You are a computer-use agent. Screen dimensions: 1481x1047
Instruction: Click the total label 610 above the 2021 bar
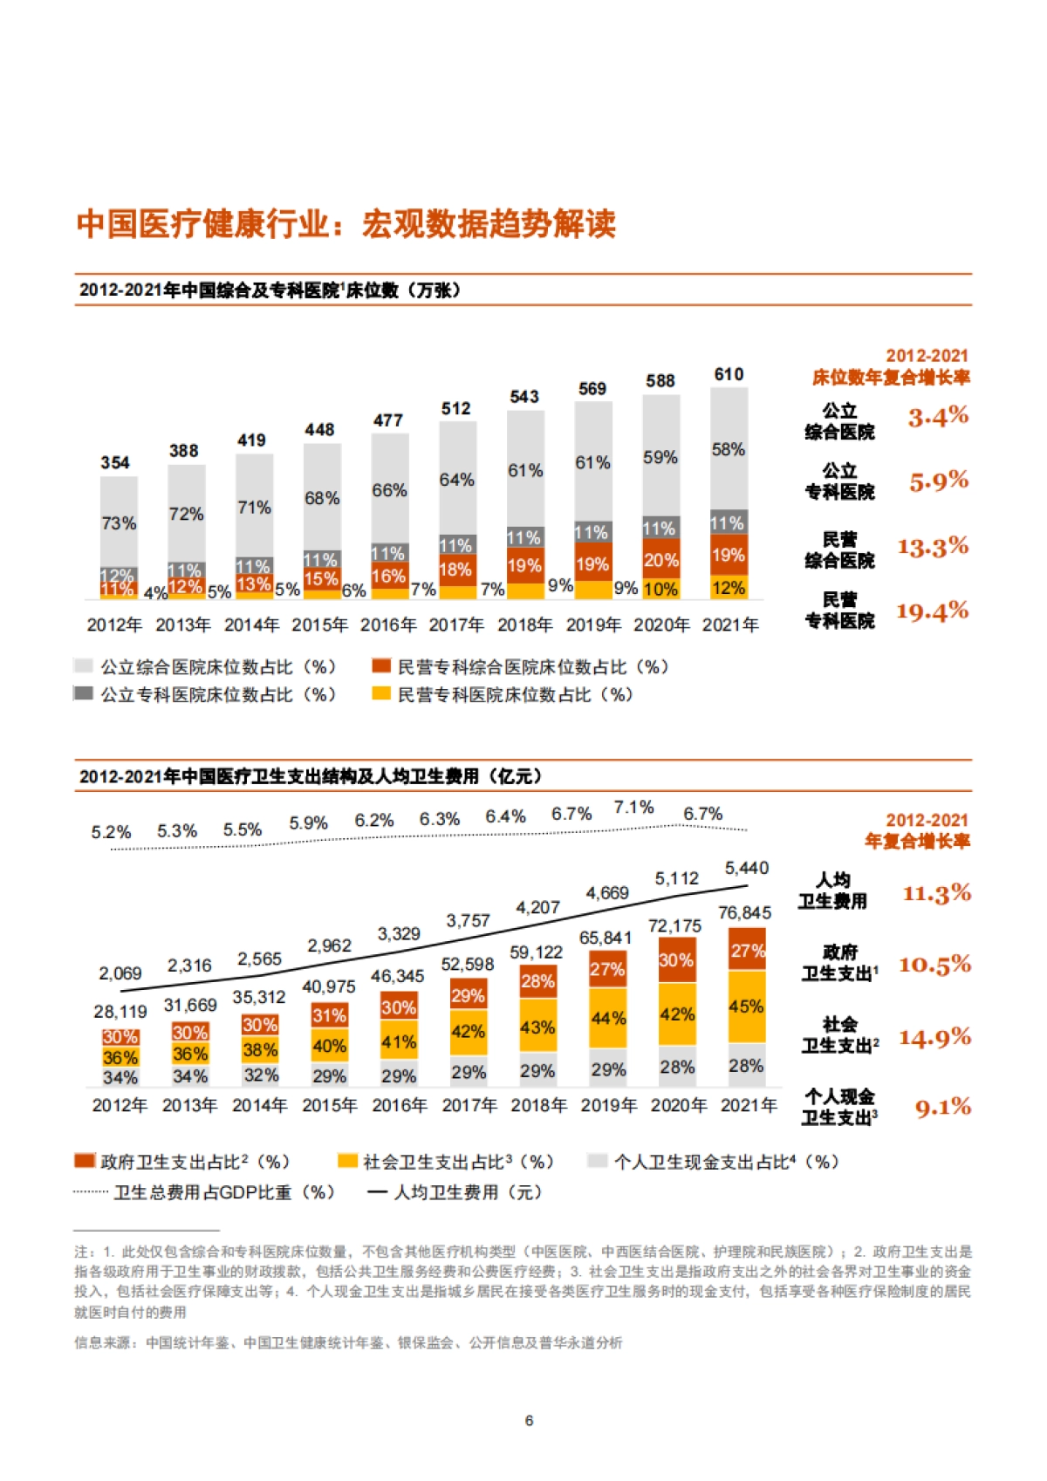pyautogui.click(x=729, y=374)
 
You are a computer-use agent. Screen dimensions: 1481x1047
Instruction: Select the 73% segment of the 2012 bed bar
pyautogui.click(x=119, y=523)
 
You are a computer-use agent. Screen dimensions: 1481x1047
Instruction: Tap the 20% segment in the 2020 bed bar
pyautogui.click(x=660, y=560)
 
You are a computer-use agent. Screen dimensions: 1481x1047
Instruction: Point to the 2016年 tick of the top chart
pyautogui.click(x=387, y=624)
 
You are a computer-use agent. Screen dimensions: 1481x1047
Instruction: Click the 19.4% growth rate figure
pyautogui.click(x=933, y=611)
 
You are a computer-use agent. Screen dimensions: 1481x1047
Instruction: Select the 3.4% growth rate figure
pyautogui.click(x=938, y=417)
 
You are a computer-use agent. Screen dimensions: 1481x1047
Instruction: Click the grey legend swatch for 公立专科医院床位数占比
pyautogui.click(x=84, y=694)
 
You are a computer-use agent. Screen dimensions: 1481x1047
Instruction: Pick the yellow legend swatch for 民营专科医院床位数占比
pyautogui.click(x=380, y=694)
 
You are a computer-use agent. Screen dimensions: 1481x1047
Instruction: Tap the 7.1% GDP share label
pyautogui.click(x=633, y=808)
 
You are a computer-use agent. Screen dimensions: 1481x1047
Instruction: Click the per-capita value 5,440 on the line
pyautogui.click(x=746, y=868)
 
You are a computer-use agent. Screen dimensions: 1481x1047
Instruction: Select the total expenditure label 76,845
pyautogui.click(x=744, y=912)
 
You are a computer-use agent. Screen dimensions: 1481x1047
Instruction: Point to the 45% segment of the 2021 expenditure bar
pyautogui.click(x=746, y=1007)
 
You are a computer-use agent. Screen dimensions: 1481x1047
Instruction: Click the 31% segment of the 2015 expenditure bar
pyautogui.click(x=329, y=1015)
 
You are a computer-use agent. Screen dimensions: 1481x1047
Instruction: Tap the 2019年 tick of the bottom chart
pyautogui.click(x=608, y=1105)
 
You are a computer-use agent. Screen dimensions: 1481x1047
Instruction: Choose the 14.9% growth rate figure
pyautogui.click(x=934, y=1038)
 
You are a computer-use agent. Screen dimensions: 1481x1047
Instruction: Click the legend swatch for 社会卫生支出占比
pyautogui.click(x=347, y=1161)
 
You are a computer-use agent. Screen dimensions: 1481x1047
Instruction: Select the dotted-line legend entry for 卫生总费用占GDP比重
pyautogui.click(x=91, y=1191)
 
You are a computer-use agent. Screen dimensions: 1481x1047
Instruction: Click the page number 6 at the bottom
pyautogui.click(x=529, y=1421)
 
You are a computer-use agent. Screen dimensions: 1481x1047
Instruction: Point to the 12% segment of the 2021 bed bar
pyautogui.click(x=729, y=588)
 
